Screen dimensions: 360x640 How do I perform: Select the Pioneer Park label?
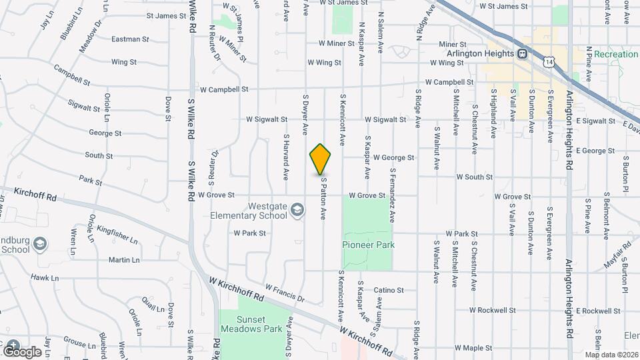click(x=368, y=245)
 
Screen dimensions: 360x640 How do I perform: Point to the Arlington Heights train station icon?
click(x=523, y=53)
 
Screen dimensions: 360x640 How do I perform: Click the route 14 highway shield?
click(x=547, y=61)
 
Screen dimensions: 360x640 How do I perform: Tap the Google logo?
click(x=22, y=351)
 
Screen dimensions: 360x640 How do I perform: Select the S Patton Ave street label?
click(x=324, y=198)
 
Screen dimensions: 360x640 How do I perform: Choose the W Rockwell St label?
click(x=492, y=310)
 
